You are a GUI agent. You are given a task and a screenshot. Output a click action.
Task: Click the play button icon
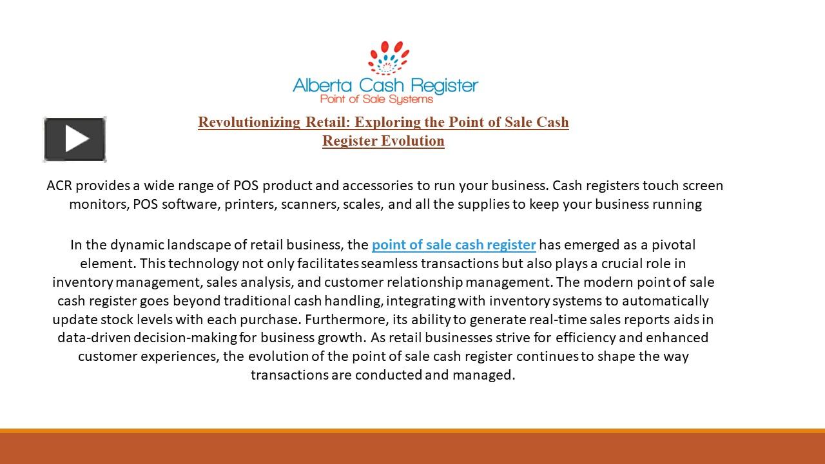click(x=75, y=139)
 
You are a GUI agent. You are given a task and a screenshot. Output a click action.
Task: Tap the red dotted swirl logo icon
click(x=385, y=58)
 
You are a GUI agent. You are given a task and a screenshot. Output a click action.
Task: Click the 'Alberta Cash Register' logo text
click(x=385, y=85)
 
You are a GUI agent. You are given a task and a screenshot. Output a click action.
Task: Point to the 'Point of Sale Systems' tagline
click(x=376, y=99)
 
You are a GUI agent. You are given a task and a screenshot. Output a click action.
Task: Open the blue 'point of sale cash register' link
click(x=454, y=245)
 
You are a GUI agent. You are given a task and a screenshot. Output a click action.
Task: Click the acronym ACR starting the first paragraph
click(x=59, y=186)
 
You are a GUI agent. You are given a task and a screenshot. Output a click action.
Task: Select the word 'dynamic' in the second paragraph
click(x=137, y=245)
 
